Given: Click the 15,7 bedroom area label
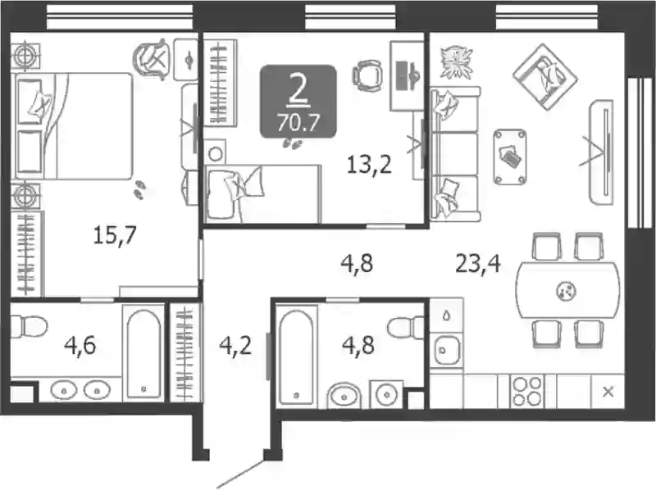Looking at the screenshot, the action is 115,235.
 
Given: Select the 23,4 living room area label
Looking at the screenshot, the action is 478,264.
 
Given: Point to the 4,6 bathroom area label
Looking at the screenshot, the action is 80,346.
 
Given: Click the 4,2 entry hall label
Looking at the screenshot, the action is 235,346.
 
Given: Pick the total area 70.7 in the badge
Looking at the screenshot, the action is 298,123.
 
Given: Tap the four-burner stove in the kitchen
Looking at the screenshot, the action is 527,392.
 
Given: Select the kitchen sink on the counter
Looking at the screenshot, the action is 447,350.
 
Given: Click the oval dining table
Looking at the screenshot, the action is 567,290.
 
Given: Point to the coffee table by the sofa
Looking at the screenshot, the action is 510,157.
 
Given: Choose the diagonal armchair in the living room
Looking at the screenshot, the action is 545,77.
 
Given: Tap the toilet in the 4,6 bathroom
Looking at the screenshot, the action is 28,325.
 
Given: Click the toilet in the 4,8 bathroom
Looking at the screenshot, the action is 405,326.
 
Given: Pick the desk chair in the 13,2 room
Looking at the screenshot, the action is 367,75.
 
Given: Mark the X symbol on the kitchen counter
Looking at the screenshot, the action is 608,392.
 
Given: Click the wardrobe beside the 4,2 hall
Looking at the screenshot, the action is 185,352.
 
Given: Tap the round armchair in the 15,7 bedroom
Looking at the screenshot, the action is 153,58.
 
